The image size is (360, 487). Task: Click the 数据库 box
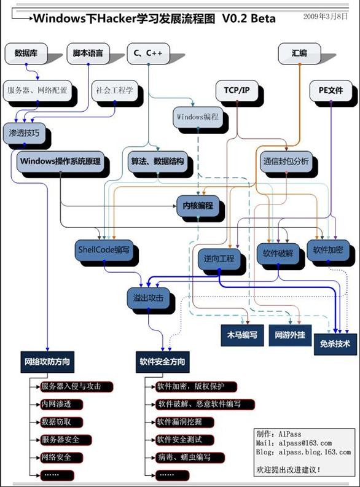coord(26,53)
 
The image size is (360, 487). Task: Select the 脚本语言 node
coord(88,53)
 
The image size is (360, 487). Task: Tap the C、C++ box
coord(149,53)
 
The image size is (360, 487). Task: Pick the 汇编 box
coord(299,53)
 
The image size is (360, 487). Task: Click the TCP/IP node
coord(237,91)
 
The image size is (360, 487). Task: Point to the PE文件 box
coord(331,91)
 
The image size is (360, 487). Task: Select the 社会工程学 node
coord(115,91)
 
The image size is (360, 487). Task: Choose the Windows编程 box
coord(198,117)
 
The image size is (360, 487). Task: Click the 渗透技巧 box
coord(24,133)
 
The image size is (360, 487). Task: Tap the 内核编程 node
coord(198,206)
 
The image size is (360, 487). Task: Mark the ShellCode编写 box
coord(104,250)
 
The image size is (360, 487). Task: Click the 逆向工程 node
coord(219,259)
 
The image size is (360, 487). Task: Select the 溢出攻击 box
coord(149,298)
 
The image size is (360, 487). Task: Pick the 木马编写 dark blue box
coord(242,335)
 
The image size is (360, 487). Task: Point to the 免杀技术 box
coord(335,344)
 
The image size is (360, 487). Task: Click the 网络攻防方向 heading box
coord(47,362)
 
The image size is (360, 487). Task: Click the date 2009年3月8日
coord(326,17)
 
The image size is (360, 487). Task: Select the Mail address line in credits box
coord(294,443)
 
